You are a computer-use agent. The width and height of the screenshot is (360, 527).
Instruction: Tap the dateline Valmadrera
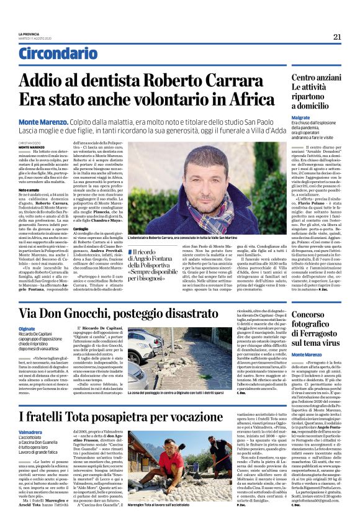click(x=30, y=432)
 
